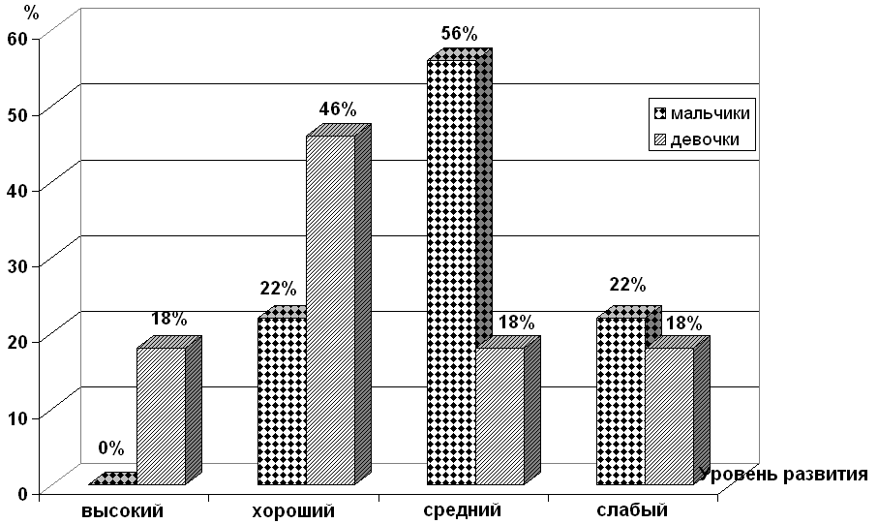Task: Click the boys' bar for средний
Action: [x=451, y=271]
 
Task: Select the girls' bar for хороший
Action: [x=330, y=310]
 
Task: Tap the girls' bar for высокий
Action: [x=161, y=416]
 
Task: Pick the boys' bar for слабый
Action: [x=621, y=401]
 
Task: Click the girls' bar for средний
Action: [x=500, y=416]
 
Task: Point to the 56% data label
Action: [x=459, y=34]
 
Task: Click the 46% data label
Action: [x=338, y=109]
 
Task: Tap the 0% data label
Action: [x=111, y=448]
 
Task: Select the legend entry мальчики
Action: [x=711, y=113]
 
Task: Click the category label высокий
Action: [x=122, y=510]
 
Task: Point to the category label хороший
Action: [x=293, y=510]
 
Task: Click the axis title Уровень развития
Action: [x=783, y=475]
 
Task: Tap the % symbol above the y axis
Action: [x=33, y=14]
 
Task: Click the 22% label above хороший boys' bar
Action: [x=278, y=289]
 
